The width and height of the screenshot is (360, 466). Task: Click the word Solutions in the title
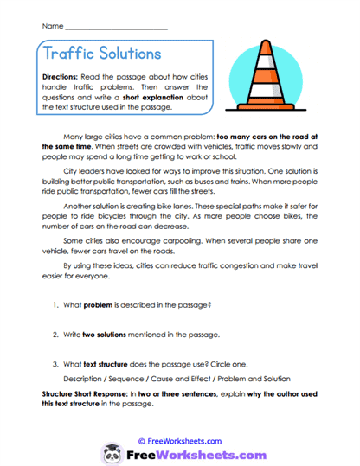coord(132,54)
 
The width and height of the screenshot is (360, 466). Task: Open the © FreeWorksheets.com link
coord(179,440)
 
